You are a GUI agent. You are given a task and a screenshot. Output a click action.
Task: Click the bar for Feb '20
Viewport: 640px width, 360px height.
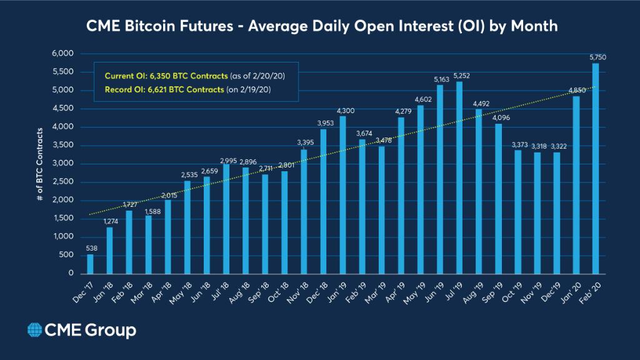tap(595, 169)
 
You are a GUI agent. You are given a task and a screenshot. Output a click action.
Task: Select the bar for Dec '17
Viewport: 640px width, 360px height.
tap(90, 264)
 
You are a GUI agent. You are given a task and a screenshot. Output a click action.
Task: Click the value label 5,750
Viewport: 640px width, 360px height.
tap(598, 57)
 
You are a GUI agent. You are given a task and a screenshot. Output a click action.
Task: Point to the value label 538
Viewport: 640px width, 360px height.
tap(90, 248)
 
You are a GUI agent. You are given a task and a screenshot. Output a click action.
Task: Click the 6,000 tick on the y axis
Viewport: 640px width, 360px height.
tap(63, 54)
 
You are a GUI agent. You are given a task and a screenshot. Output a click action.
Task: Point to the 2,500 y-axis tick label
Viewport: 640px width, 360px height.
tap(63, 182)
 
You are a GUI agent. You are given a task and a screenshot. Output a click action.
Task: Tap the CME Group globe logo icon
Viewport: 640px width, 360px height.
tap(34, 329)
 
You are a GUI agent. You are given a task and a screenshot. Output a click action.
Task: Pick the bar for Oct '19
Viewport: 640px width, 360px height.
tap(517, 212)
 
